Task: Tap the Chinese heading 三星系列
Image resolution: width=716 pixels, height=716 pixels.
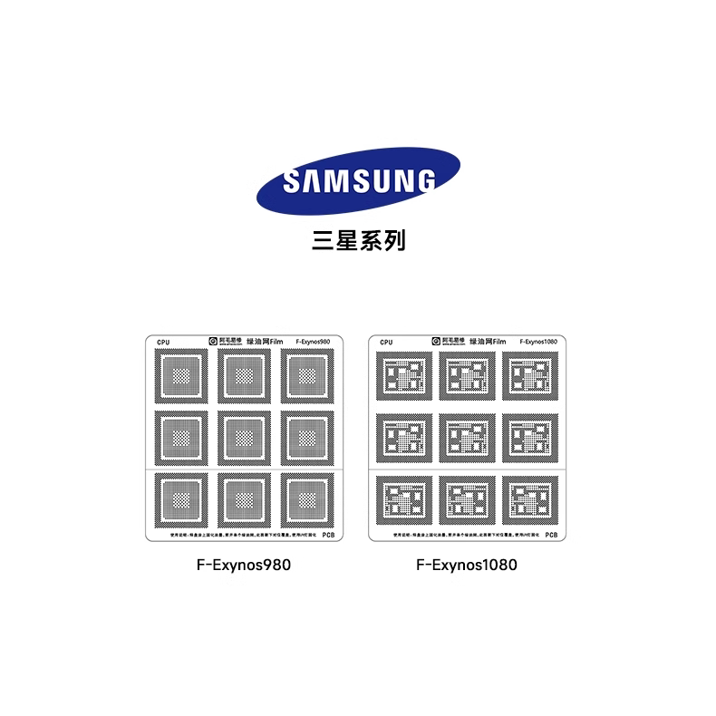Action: tap(357, 241)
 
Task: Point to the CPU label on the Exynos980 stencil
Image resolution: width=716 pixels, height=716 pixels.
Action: tap(163, 343)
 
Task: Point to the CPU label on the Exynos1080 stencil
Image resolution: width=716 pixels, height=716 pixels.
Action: tap(387, 343)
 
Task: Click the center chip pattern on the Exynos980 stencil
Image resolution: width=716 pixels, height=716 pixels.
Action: tap(243, 439)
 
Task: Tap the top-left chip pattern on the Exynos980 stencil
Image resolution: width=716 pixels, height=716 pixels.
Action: tap(183, 377)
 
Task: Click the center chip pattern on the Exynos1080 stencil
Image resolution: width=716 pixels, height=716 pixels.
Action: tap(467, 439)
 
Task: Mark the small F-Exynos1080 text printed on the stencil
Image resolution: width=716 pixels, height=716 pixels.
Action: tap(538, 342)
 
